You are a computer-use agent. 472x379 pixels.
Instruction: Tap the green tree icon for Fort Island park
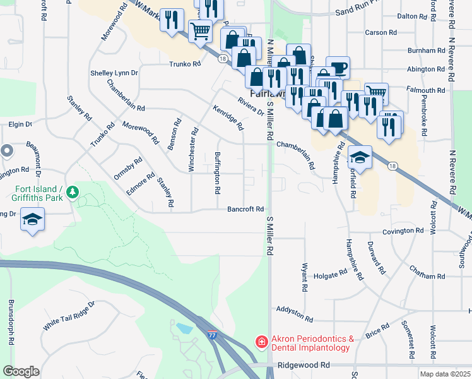click(73, 191)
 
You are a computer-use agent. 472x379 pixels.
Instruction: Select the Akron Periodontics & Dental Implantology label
click(310, 343)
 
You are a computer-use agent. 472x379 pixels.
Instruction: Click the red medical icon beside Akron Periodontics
click(261, 342)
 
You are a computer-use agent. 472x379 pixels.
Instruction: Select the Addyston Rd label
click(295, 315)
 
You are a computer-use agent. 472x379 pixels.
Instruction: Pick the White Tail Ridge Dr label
click(68, 315)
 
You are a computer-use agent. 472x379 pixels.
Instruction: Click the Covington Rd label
click(403, 231)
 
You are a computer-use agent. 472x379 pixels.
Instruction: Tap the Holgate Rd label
click(331, 274)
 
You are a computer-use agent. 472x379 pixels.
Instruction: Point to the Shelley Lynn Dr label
click(114, 73)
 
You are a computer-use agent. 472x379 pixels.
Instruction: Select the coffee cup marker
click(338, 67)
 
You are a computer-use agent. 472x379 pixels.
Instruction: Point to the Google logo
click(21, 371)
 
